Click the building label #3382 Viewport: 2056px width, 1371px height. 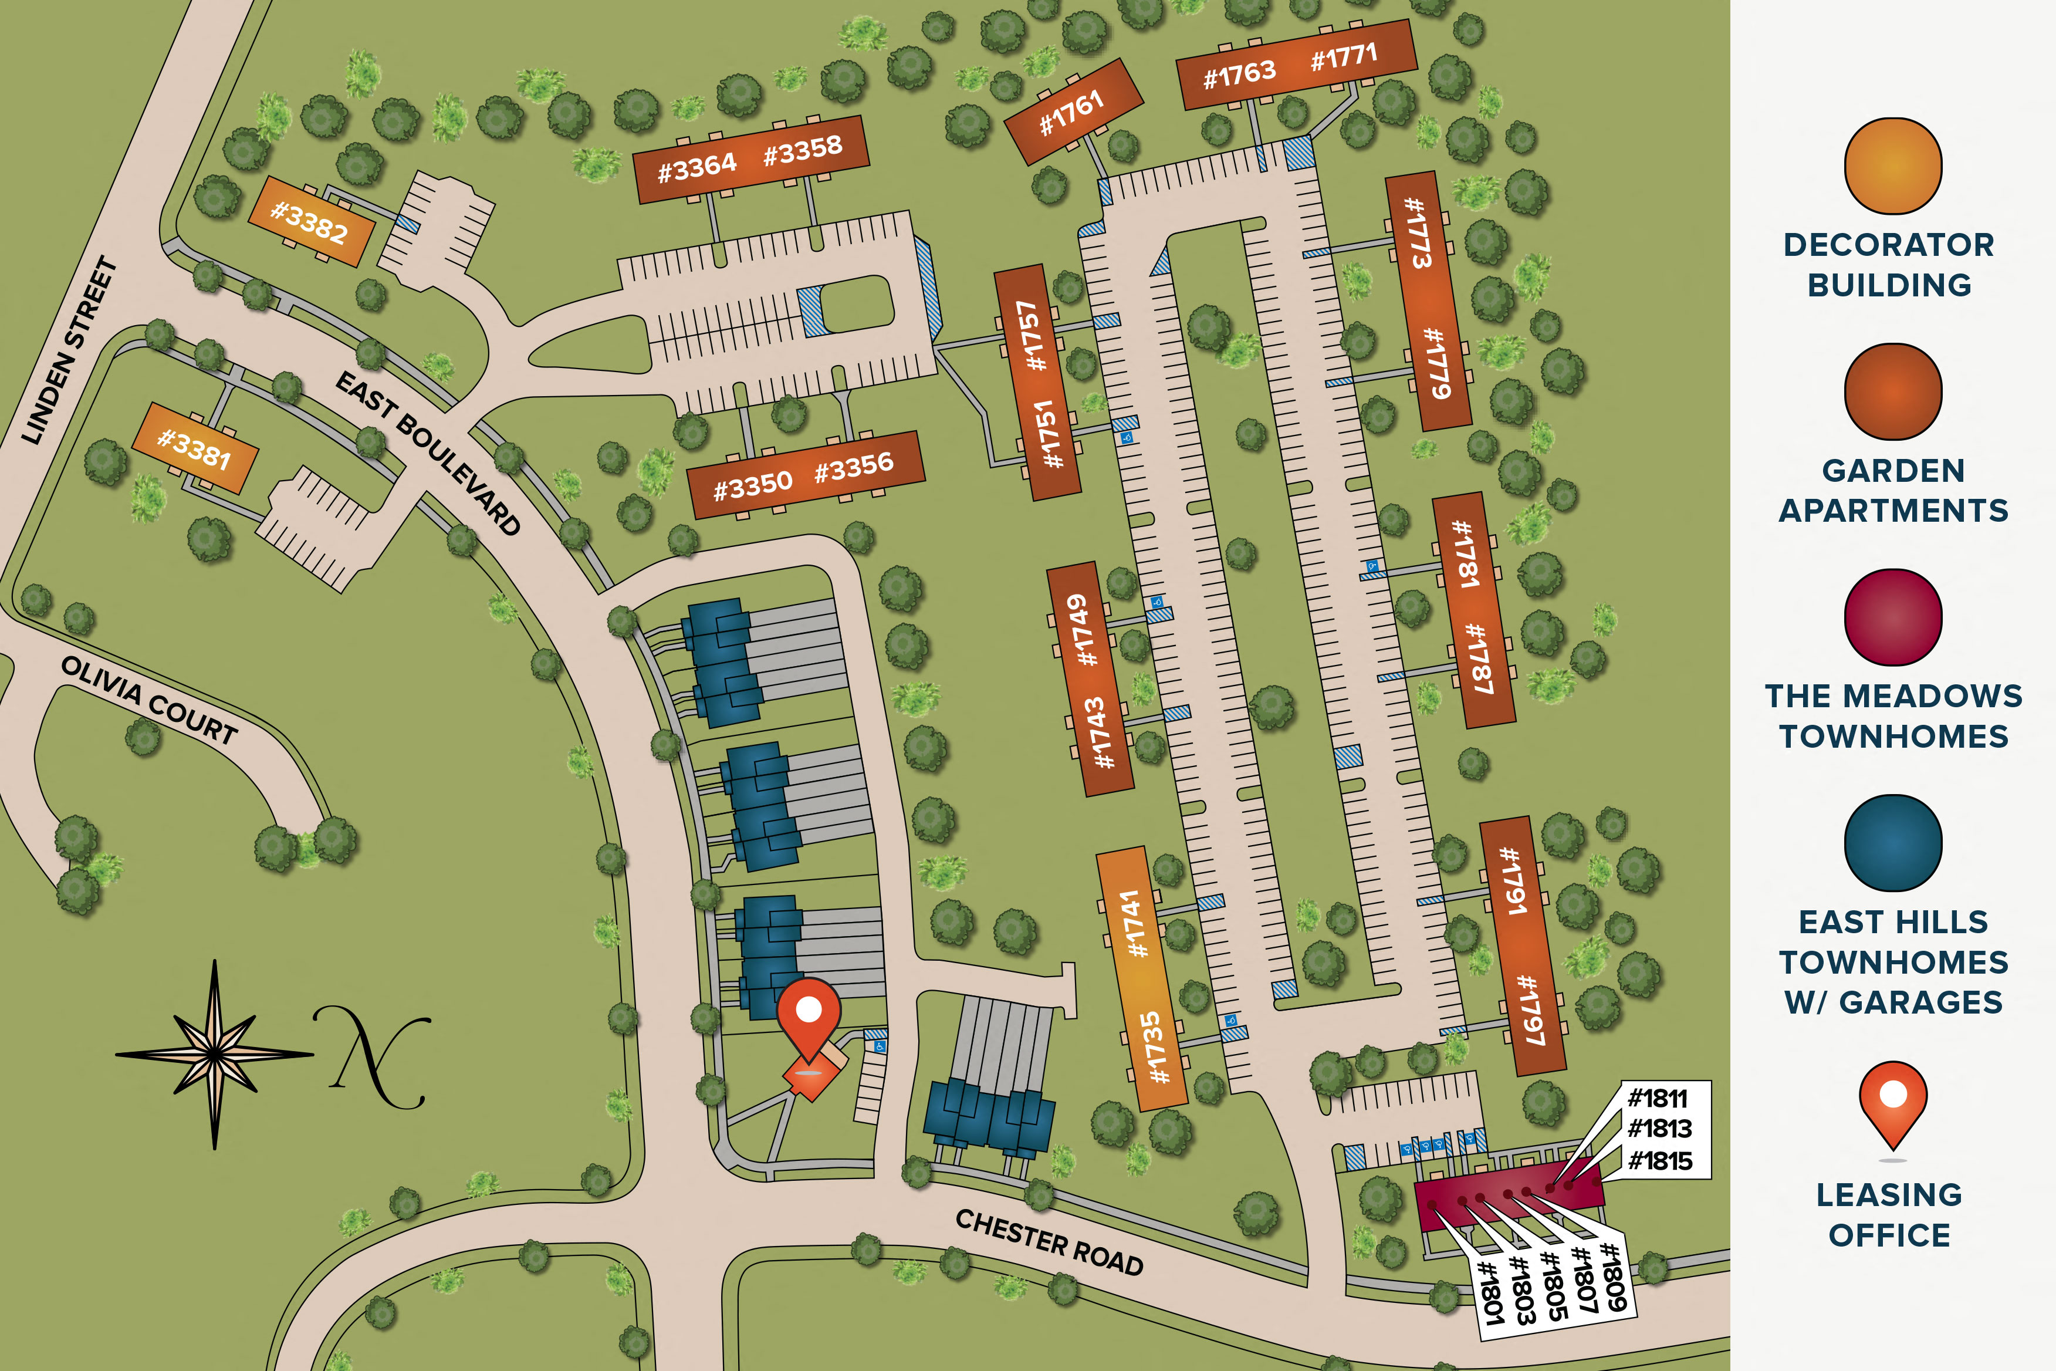309,221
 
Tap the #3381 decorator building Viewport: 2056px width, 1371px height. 194,448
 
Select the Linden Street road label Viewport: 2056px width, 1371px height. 69,350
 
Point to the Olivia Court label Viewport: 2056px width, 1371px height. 148,700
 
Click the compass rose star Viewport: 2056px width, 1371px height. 214,1053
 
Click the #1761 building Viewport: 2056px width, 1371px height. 1071,113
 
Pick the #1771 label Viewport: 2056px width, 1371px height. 1344,57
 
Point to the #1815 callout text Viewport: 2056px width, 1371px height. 1659,1160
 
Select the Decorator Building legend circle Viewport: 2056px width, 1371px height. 1892,166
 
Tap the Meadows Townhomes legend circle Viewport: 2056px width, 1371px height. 1892,617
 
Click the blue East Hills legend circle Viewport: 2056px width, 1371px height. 1892,843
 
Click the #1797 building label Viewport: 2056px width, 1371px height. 1530,1010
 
